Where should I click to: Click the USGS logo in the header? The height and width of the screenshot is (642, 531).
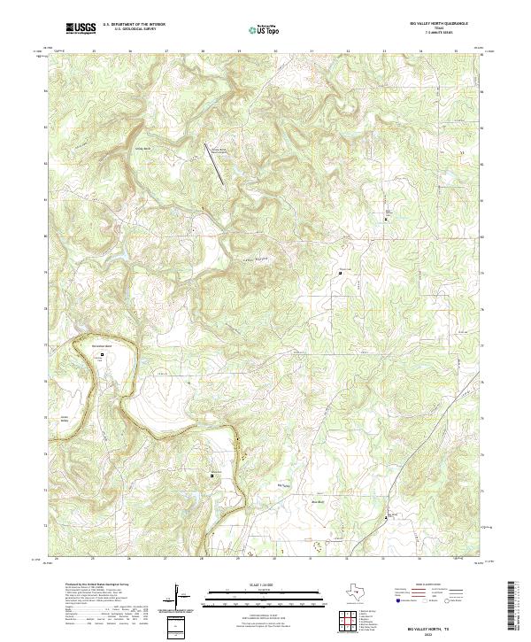[80, 28]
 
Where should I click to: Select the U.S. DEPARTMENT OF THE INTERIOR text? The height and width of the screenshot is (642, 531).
[134, 25]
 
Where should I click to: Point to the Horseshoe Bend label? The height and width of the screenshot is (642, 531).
[104, 346]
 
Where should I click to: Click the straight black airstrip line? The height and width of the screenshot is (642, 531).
[214, 164]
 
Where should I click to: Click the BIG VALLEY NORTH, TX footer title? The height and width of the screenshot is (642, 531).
[433, 626]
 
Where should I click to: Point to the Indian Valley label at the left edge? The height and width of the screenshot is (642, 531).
[64, 419]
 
